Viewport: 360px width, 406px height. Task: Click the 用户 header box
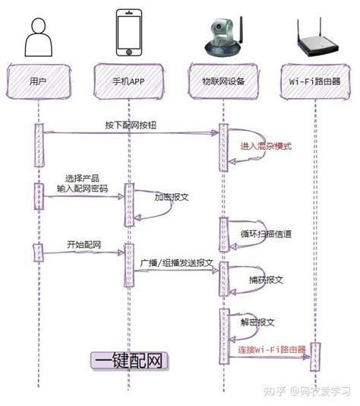38,79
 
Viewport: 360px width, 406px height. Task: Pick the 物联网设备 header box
223,79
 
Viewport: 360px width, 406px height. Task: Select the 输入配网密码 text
82,187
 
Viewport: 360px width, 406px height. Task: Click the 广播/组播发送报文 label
176,262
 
